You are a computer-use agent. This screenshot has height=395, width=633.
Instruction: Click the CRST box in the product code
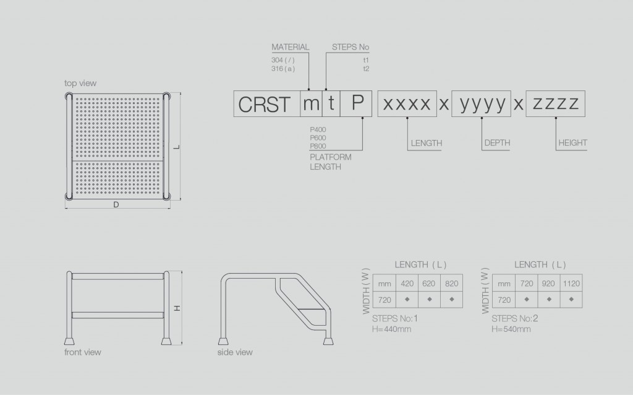click(x=267, y=104)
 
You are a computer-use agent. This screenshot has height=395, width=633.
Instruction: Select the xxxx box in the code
click(x=407, y=104)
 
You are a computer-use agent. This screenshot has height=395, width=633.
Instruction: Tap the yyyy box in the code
click(x=481, y=104)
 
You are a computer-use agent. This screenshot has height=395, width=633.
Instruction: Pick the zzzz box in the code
click(x=556, y=104)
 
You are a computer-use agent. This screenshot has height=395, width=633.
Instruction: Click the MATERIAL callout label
click(x=291, y=47)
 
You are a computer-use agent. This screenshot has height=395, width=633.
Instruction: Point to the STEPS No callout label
click(x=350, y=47)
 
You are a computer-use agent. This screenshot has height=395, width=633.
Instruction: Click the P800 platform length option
click(x=318, y=146)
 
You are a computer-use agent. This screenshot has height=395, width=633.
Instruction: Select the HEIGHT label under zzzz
click(x=572, y=143)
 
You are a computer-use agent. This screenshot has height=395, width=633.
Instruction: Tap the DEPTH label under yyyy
click(x=497, y=143)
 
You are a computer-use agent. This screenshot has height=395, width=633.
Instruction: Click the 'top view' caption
click(x=80, y=84)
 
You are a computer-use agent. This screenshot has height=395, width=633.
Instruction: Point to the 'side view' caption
click(x=235, y=352)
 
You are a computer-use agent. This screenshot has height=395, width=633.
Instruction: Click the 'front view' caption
click(x=83, y=352)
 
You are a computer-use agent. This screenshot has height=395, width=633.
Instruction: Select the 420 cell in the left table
click(x=407, y=284)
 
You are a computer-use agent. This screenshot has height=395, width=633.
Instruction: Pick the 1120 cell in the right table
click(x=571, y=284)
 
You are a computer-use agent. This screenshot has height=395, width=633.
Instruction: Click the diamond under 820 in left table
click(x=451, y=300)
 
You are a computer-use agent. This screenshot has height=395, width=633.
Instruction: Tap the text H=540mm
click(x=511, y=329)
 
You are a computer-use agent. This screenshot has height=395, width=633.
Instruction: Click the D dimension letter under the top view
click(x=116, y=204)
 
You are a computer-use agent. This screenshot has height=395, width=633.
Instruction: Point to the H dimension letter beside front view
click(x=177, y=308)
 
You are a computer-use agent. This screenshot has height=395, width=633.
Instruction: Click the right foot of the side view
click(x=328, y=341)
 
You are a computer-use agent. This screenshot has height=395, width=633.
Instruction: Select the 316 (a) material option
click(x=283, y=69)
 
